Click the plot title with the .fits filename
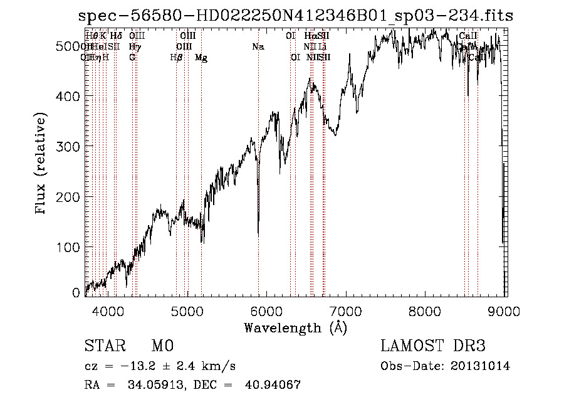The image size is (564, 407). click(296, 16)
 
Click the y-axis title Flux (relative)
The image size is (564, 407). click(42, 164)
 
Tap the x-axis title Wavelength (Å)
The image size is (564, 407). click(295, 327)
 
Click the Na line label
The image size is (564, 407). click(258, 46)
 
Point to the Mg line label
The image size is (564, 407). click(201, 57)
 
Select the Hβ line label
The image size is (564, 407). click(176, 57)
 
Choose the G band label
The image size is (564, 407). click(132, 57)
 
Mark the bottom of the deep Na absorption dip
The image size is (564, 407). click(258, 235)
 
